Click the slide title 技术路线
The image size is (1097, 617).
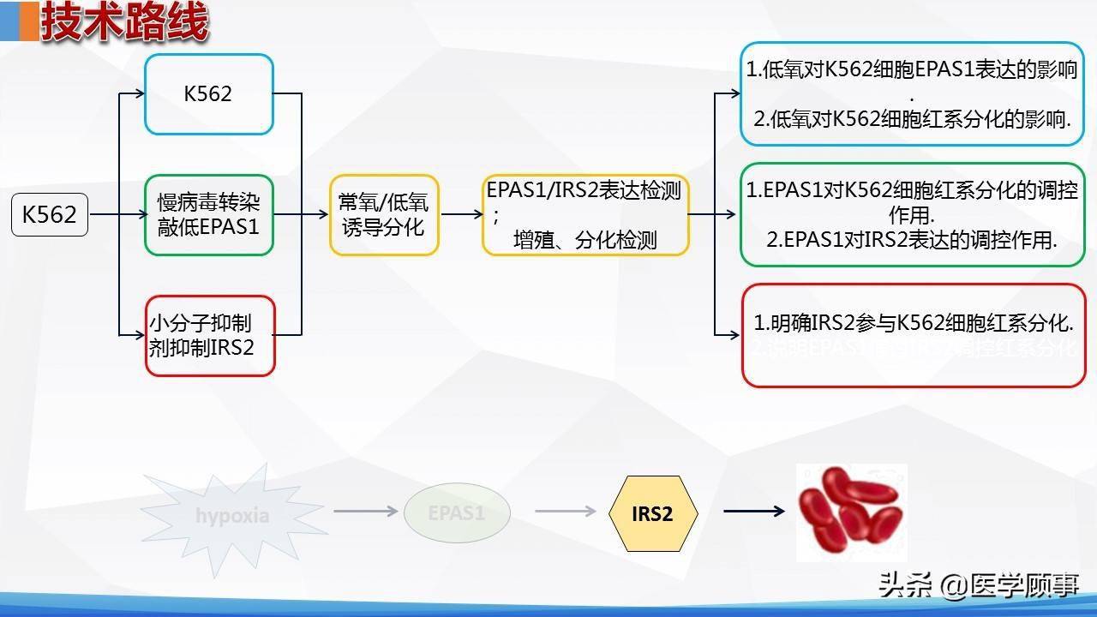point(125,22)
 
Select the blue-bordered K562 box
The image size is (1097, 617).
point(208,94)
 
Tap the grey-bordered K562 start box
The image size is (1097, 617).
point(50,214)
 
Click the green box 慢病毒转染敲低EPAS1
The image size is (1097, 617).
point(208,215)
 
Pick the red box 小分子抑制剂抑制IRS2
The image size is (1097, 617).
point(209,336)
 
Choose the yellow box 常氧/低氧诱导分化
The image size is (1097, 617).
point(384,215)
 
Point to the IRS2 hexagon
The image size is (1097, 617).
point(652,513)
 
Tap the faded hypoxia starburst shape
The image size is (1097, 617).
point(231,515)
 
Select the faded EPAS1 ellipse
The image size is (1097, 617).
point(457,513)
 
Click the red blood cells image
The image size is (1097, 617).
point(851,512)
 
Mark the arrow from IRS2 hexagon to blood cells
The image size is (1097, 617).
point(753,512)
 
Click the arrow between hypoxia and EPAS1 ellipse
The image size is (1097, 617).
point(366,512)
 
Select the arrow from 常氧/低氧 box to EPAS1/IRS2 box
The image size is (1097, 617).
point(461,215)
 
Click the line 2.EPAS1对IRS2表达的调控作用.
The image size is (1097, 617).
point(912,240)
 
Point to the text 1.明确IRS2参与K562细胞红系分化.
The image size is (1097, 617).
point(914,324)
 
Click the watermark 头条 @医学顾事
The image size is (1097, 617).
point(978,585)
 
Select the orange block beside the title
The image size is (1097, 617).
point(28,21)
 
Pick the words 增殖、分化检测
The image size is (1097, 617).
point(585,240)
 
